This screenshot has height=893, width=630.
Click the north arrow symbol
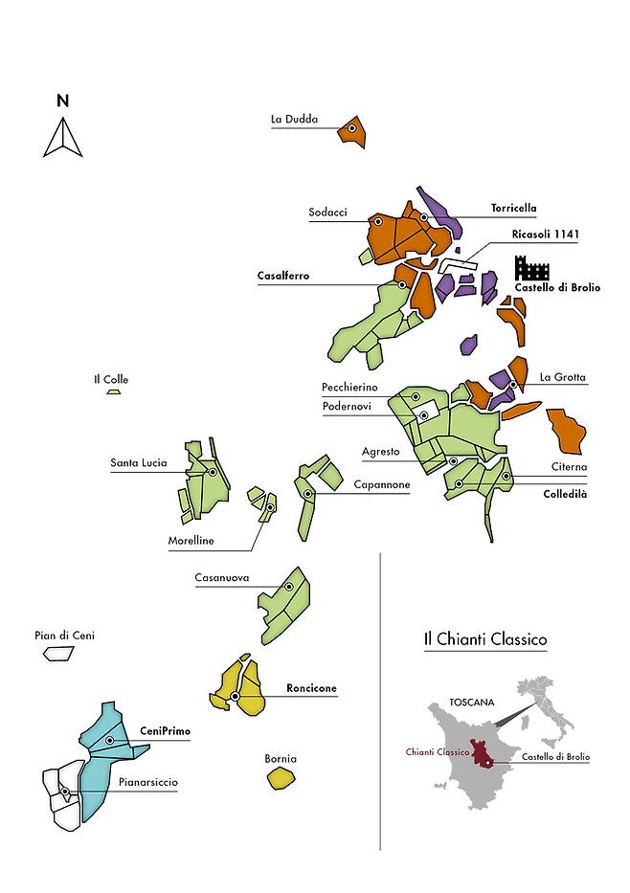click(x=62, y=137)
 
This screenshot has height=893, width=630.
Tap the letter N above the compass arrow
click(x=62, y=100)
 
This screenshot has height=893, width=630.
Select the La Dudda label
click(x=294, y=120)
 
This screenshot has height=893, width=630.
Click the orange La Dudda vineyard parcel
click(x=352, y=130)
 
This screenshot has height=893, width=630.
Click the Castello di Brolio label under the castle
click(x=557, y=287)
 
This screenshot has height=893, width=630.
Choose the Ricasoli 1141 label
click(x=546, y=234)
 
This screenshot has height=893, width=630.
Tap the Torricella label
click(x=513, y=208)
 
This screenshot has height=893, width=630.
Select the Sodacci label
click(x=327, y=212)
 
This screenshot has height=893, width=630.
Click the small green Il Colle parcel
click(x=114, y=391)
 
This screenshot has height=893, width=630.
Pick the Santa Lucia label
click(x=139, y=463)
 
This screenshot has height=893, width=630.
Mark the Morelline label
click(x=191, y=541)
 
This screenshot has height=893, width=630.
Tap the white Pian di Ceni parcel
click(x=58, y=653)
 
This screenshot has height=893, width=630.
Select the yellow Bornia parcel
click(x=280, y=777)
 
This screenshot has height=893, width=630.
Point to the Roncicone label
click(x=311, y=688)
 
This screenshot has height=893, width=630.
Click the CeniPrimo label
click(x=166, y=731)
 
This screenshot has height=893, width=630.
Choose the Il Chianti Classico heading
click(x=484, y=638)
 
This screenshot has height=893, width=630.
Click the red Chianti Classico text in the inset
click(x=437, y=752)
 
